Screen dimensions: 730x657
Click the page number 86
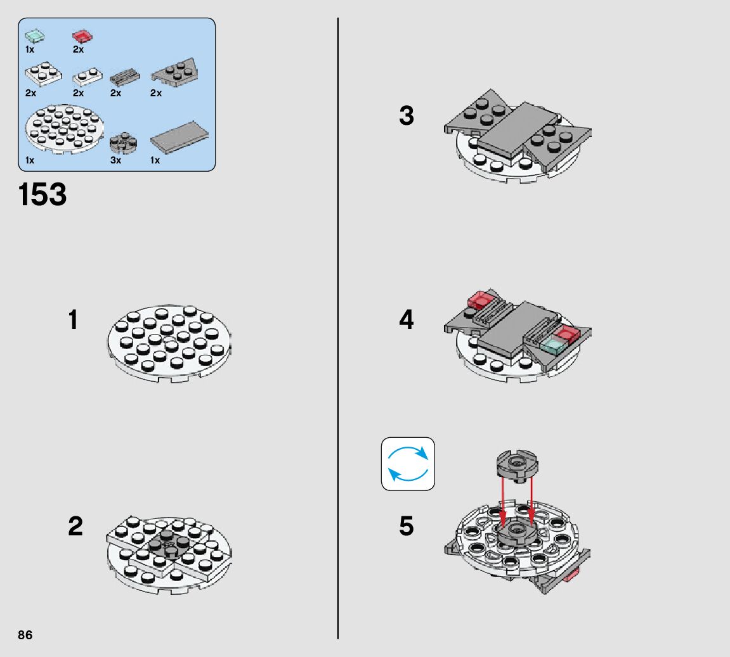25,635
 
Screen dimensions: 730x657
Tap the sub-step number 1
73,320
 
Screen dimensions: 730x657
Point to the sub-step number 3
407,115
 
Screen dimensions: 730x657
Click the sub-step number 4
407,320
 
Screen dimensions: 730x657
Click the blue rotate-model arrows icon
408,464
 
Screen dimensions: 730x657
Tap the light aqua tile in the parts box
34,36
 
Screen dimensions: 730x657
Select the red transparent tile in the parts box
82,36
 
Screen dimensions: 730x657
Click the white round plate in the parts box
64,129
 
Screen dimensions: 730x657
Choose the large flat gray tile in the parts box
179,137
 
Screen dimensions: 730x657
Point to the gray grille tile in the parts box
125,77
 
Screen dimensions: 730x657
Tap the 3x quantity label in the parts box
116,160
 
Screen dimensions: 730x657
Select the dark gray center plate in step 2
169,544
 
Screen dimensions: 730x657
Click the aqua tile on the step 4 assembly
552,345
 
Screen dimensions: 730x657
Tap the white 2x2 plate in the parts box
43,74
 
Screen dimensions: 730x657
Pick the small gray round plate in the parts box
124,143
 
